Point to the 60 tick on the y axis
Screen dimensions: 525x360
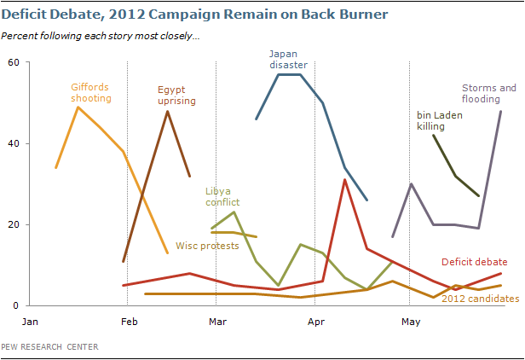[x=14, y=62]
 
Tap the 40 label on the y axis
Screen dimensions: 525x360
[x=14, y=143]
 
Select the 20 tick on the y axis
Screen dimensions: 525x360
[x=14, y=224]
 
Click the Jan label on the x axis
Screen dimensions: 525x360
[x=30, y=322]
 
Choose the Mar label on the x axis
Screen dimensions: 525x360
[x=217, y=322]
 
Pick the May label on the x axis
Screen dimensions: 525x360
[x=411, y=322]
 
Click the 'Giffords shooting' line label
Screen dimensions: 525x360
[x=90, y=92]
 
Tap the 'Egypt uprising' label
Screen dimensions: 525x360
[x=176, y=96]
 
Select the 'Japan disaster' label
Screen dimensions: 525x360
[x=288, y=60]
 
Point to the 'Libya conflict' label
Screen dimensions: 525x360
[x=222, y=196]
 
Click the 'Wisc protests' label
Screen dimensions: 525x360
[x=207, y=246]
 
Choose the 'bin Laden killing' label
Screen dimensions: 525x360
[x=439, y=120]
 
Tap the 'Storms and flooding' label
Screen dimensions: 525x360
[x=489, y=93]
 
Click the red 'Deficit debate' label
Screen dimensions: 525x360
[x=474, y=262]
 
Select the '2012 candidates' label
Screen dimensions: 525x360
[x=480, y=299]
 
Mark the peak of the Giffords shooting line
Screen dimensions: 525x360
[x=78, y=107]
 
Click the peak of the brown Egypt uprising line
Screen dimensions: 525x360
[x=167, y=111]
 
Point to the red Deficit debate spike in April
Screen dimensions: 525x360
[x=344, y=180]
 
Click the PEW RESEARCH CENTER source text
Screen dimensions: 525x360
[x=49, y=346]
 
